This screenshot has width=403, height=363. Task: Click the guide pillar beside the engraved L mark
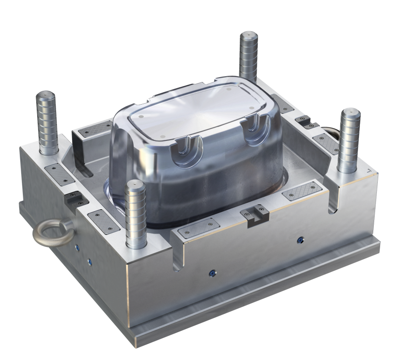click(x=349, y=140)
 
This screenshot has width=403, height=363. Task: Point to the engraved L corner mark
click(x=370, y=171)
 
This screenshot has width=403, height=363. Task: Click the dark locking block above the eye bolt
click(x=73, y=200)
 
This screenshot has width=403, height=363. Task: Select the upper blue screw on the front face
click(x=300, y=240)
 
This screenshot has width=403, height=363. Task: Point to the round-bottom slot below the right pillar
click(x=333, y=202)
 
